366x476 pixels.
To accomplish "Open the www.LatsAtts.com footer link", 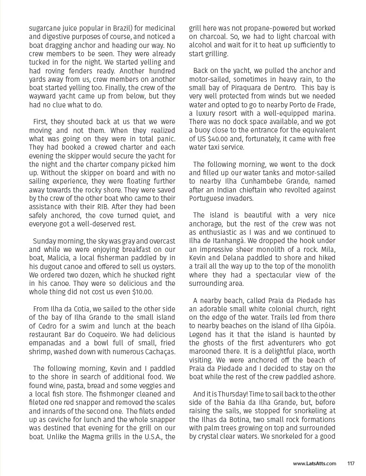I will click(314, 463).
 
